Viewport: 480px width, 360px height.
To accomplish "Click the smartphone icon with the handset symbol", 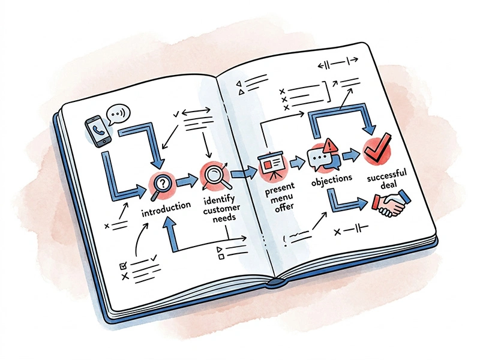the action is [x=98, y=131].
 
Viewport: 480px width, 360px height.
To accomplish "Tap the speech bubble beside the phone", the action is [x=118, y=115].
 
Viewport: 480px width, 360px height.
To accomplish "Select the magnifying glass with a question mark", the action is [x=162, y=185].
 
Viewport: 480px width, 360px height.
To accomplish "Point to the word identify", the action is [x=219, y=200].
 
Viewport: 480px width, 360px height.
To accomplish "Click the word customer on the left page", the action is [x=221, y=209].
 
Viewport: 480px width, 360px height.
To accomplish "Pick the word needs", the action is [x=224, y=218].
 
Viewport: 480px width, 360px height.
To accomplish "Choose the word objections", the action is [x=332, y=179].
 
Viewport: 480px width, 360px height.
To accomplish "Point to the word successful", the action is [x=386, y=175].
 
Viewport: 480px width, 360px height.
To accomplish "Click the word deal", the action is [x=388, y=185].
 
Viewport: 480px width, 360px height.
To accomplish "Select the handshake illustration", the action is [x=392, y=202].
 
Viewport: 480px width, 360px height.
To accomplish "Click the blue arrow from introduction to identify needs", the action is [x=187, y=181].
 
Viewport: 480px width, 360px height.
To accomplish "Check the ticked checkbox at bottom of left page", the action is [x=123, y=266].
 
